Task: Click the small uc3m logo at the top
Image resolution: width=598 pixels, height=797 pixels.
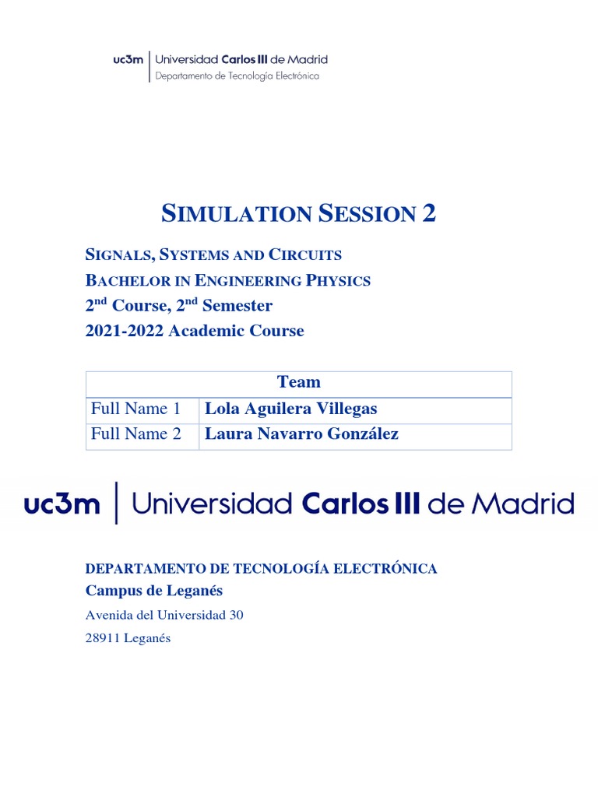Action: click(x=128, y=60)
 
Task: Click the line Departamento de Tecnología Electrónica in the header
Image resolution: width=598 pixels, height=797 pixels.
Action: click(x=237, y=75)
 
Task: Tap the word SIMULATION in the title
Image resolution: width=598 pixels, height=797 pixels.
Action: click(x=237, y=213)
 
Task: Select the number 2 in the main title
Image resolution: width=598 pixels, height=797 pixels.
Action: click(x=428, y=212)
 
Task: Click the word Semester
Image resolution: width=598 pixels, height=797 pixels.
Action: click(x=237, y=305)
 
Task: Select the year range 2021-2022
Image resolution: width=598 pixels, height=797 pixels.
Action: click(x=125, y=331)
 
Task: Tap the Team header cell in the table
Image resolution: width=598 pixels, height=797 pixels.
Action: click(x=298, y=382)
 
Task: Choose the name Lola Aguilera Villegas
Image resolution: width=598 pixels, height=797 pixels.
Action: click(x=290, y=409)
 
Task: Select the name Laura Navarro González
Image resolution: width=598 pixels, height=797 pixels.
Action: click(x=301, y=434)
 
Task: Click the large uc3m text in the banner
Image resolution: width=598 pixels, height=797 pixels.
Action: click(x=62, y=504)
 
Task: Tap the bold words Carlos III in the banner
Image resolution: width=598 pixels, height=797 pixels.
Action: click(x=360, y=504)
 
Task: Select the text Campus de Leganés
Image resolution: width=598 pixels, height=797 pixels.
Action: click(x=154, y=591)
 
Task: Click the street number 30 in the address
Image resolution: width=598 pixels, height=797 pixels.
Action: click(x=236, y=615)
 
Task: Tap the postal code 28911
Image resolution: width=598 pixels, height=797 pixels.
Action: click(x=101, y=639)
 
